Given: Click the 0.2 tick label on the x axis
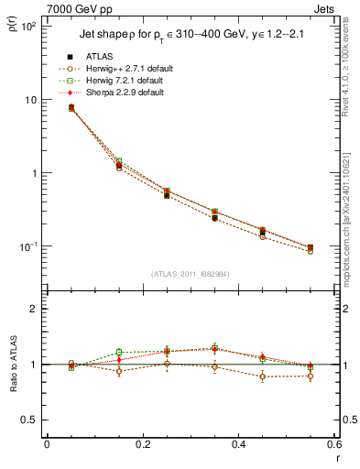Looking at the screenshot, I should [x=142, y=445].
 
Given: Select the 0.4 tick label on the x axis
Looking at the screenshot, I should [x=238, y=445].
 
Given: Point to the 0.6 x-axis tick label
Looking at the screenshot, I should [x=333, y=445].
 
